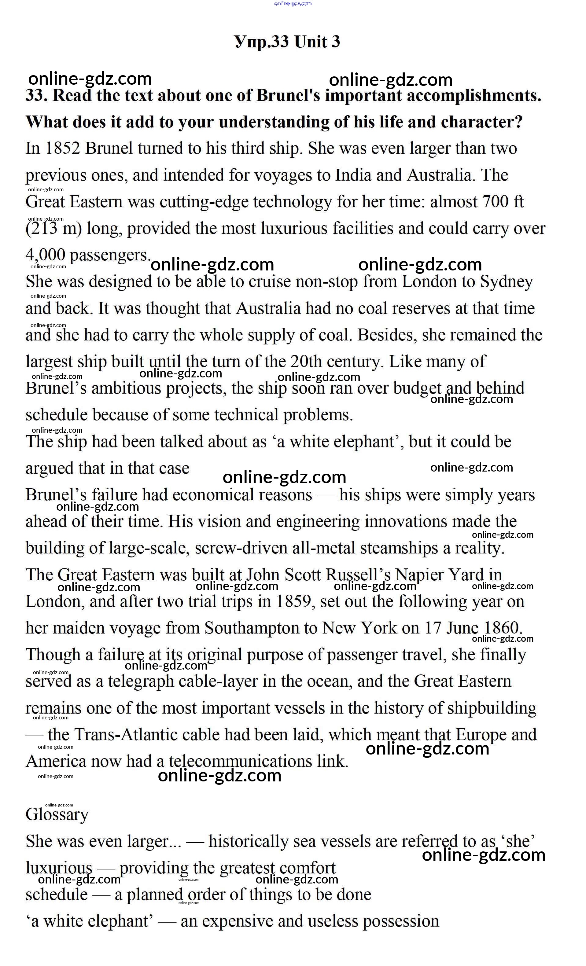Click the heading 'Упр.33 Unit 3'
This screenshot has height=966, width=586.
coord(287,42)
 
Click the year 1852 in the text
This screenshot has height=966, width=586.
coord(63,148)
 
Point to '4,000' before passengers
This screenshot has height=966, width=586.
coord(45,255)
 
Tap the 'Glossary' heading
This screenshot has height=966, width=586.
coord(57,815)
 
